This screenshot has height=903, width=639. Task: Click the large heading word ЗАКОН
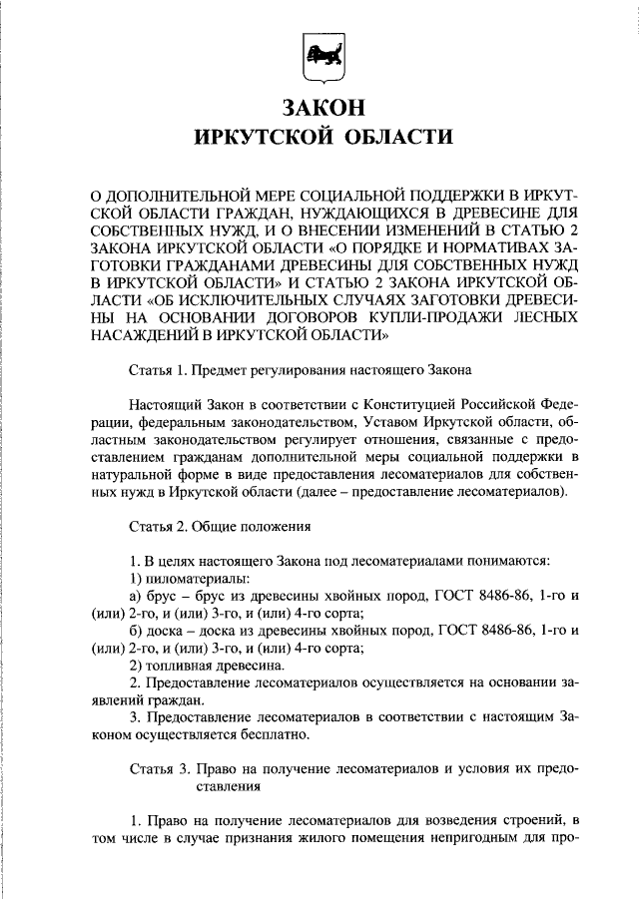pyautogui.click(x=321, y=107)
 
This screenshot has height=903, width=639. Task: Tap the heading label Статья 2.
pyautogui.click(x=158, y=524)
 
